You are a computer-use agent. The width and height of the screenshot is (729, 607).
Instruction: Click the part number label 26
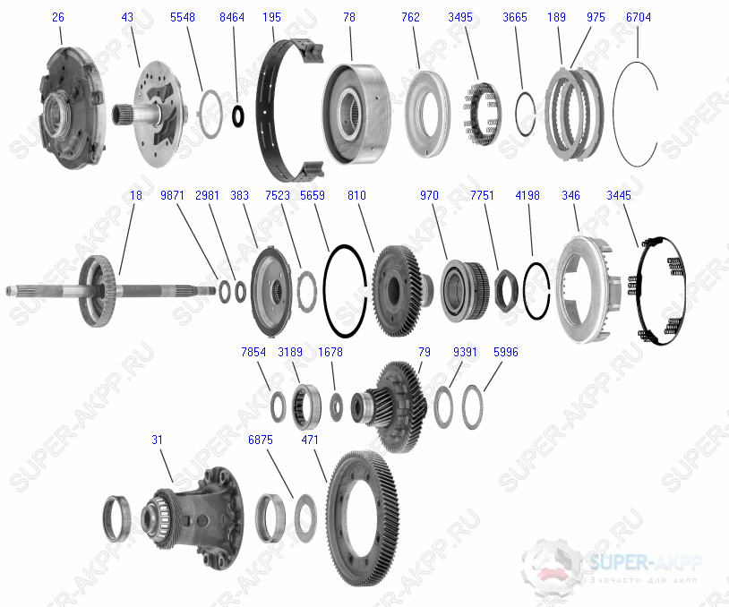[58, 18]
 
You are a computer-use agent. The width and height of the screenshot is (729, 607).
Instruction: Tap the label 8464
[232, 18]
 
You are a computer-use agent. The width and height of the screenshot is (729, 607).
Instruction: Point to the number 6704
[638, 18]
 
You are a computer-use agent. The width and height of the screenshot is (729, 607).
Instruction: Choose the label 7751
[482, 195]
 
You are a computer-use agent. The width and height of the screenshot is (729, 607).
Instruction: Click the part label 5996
[505, 352]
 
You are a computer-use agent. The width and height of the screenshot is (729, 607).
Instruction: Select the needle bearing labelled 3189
[306, 405]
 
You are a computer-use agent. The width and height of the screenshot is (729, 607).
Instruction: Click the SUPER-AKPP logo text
[645, 562]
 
